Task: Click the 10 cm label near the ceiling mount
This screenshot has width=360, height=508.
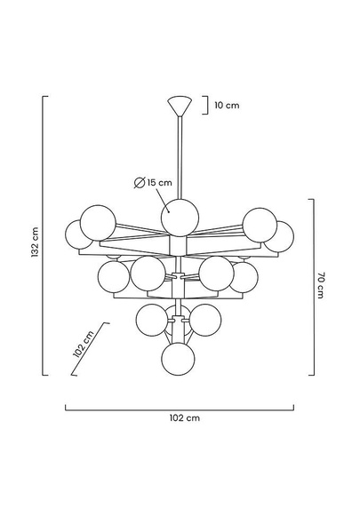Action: point(227,105)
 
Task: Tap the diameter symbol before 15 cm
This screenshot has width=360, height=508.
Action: point(140,182)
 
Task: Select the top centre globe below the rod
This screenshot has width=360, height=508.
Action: point(180,217)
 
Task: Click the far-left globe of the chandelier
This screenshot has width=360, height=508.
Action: point(75,235)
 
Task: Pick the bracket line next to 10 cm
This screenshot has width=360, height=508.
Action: point(204,106)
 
